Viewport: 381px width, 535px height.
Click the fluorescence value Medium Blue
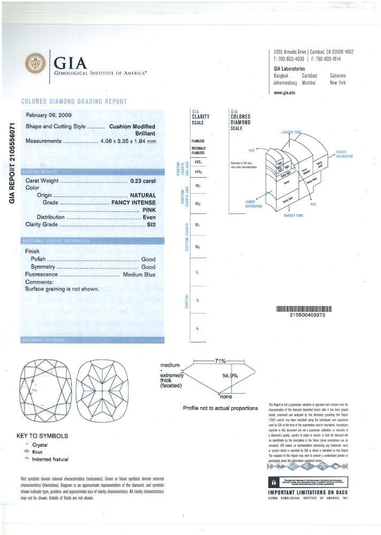click(139, 274)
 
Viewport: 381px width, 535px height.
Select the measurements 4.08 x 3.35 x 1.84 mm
click(128, 141)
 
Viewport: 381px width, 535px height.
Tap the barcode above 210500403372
click(303, 309)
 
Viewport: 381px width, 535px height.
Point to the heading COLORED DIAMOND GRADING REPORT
click(74, 101)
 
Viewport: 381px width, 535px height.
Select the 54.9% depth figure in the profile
click(230, 376)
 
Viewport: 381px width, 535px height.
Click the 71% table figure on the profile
click(220, 361)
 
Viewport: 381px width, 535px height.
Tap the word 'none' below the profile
click(225, 397)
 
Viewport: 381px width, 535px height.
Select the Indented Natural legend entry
click(50, 459)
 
